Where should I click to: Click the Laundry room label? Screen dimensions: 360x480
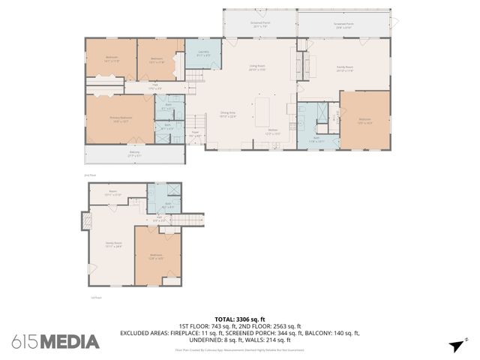[x=203, y=52]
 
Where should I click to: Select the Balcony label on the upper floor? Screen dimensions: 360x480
[x=134, y=154]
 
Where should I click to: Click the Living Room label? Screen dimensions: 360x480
[x=258, y=67]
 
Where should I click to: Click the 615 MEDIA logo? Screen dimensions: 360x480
[x=55, y=342]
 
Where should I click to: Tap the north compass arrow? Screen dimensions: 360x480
[x=457, y=344]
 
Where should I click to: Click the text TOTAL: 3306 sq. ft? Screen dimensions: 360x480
[x=240, y=319]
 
